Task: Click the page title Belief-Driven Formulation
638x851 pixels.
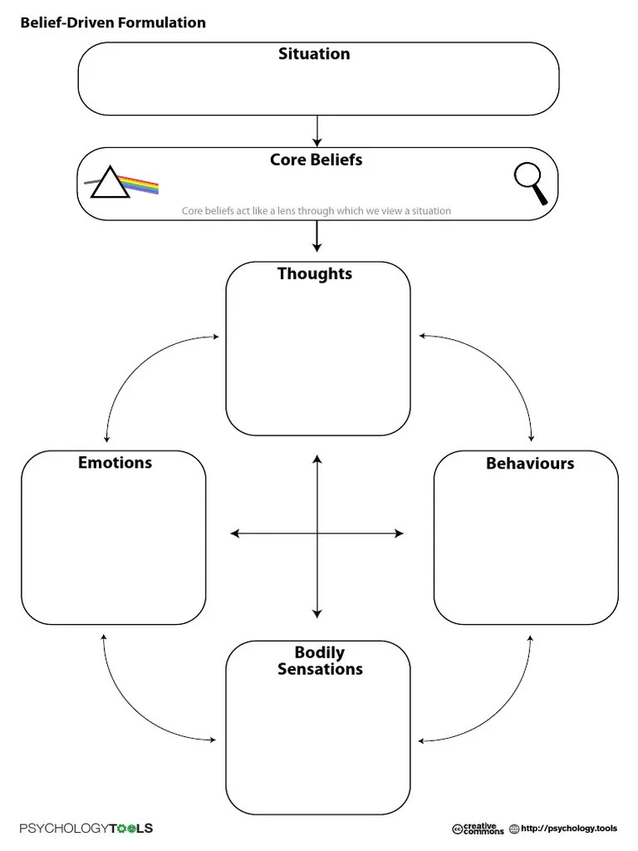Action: click(113, 22)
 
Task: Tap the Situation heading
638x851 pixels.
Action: click(314, 54)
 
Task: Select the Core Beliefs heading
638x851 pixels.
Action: click(317, 160)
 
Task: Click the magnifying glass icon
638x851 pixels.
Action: click(531, 184)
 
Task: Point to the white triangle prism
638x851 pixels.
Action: click(110, 182)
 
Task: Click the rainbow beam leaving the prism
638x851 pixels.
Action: click(139, 184)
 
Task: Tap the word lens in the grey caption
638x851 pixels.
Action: click(286, 210)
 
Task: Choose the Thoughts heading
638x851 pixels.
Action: click(315, 273)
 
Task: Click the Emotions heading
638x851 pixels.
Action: click(115, 462)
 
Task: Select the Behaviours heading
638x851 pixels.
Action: click(530, 464)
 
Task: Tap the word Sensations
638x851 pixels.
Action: click(320, 669)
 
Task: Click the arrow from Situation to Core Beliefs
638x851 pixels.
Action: click(317, 130)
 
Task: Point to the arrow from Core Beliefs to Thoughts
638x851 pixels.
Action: click(317, 236)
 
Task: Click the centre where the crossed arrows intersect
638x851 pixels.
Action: click(317, 534)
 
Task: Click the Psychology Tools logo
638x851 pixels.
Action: click(86, 829)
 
